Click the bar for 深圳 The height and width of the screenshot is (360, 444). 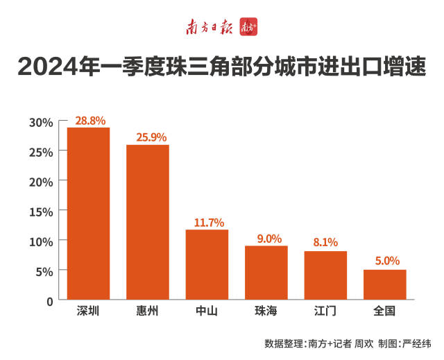pos(88,214)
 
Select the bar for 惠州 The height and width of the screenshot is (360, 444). pos(148,222)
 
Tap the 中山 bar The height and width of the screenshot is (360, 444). pos(207,264)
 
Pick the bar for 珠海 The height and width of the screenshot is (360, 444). pos(266,273)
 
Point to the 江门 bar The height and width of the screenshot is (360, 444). pos(325,275)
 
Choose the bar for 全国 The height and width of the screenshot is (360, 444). pos(385,284)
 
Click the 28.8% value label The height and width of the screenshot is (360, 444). pos(90,121)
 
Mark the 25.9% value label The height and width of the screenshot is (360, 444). pos(151,137)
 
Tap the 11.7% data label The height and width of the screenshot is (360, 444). pos(209,223)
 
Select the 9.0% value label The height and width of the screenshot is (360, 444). pos(269,239)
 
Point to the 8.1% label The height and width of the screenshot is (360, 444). pos(325,242)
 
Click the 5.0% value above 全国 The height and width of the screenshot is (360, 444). pos(387,261)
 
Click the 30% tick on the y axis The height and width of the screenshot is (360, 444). pos(41,123)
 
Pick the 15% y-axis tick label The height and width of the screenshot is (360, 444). pos(41,212)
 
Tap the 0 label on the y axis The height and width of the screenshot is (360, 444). pos(50,302)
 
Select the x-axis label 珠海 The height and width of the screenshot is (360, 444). pos(266,311)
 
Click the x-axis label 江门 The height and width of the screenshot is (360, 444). pos(325,311)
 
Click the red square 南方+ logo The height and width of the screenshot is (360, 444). pos(248,27)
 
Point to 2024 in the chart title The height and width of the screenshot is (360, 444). pos(47,67)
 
